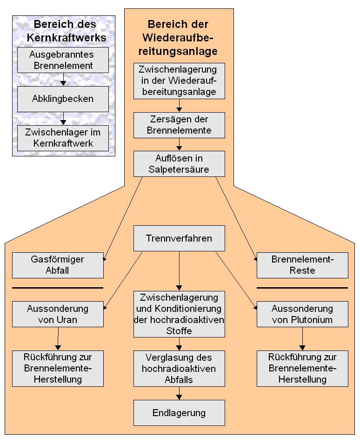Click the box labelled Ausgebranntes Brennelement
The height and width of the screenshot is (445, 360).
63,60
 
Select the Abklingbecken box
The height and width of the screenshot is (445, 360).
63,99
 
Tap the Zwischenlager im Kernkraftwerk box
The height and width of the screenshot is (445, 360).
63,138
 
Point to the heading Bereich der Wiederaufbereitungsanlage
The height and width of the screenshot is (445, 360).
178,38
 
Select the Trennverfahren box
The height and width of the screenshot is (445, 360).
179,239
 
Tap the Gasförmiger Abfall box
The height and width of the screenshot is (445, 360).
58,265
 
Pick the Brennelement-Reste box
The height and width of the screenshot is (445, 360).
302,265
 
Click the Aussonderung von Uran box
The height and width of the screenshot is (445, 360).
58,314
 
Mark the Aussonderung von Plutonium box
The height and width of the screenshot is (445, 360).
302,314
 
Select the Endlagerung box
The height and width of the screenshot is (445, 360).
179,412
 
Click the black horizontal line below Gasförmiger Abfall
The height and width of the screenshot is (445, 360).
58,288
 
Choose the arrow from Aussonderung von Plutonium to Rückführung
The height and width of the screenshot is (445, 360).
302,339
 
